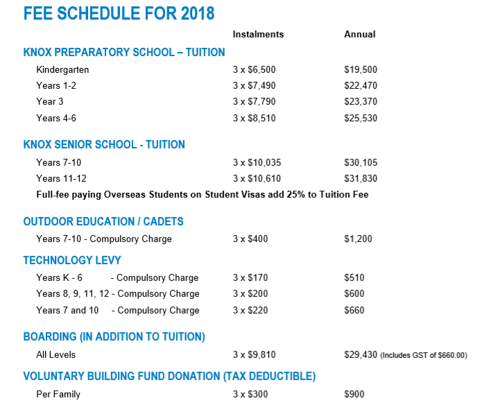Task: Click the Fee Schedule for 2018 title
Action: tap(119, 13)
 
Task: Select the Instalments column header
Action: tap(258, 35)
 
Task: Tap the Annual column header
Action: tap(360, 35)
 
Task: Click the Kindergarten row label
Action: tap(62, 70)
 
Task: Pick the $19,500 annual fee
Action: tap(361, 70)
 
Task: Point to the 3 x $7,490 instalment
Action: tap(254, 86)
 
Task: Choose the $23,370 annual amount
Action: tap(361, 102)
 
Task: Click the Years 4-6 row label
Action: tap(56, 119)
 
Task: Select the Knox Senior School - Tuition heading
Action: tap(104, 145)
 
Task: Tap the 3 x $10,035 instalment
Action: tap(257, 162)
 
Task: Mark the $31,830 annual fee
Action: tap(361, 178)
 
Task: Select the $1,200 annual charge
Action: tap(358, 239)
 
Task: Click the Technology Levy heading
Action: tap(72, 260)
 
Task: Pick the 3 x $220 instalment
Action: tap(250, 310)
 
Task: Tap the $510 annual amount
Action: tap(354, 278)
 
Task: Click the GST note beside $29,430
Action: tap(424, 355)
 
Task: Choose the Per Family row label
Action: tap(58, 395)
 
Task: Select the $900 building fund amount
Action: tap(354, 395)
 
